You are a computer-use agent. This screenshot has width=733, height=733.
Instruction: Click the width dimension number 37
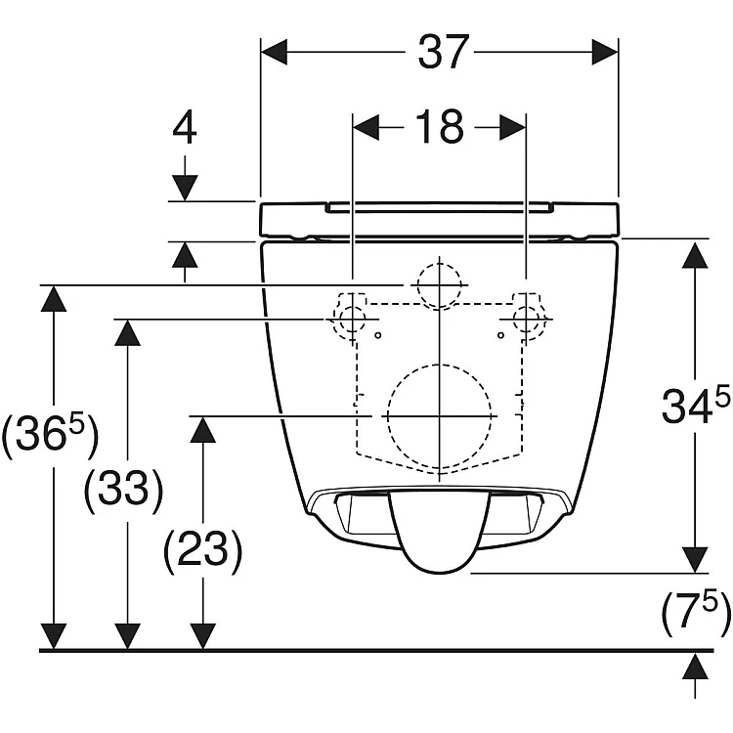point(443,52)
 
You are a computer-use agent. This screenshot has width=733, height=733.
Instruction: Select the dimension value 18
point(440,127)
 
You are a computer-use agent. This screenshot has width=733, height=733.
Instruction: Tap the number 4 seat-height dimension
point(185,128)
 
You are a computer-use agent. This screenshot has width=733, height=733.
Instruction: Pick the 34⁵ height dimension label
point(695,406)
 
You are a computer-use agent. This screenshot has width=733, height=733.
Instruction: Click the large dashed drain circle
point(440,415)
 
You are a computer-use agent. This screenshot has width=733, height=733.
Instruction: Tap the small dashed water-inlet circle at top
point(440,284)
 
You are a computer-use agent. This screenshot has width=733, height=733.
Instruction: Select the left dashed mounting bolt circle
point(353,320)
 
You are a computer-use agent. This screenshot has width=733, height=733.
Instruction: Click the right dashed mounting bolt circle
point(527,320)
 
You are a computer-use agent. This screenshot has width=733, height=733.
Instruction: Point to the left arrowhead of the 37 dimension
point(274,52)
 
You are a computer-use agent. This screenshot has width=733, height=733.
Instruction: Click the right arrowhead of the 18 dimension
point(513,127)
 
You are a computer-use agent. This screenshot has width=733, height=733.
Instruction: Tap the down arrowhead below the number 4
point(185,188)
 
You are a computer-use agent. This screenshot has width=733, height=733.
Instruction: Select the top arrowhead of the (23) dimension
point(202,430)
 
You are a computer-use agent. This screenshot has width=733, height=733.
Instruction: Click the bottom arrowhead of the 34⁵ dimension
point(695,560)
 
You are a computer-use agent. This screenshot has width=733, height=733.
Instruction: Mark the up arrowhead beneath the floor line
point(695,667)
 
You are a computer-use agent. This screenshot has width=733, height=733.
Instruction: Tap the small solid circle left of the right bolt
point(500,335)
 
